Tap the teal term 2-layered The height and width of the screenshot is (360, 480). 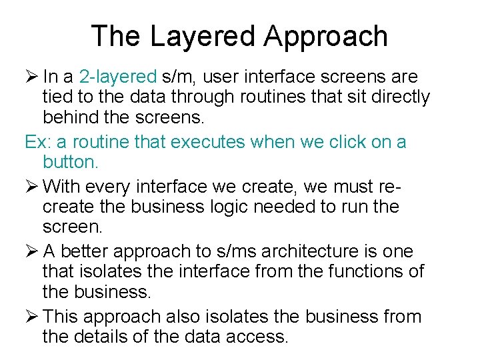pos(117,77)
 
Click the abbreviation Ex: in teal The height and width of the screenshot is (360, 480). pos(37,142)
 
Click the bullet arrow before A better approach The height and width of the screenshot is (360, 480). pos(31,251)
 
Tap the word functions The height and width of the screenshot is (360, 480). pos(365,271)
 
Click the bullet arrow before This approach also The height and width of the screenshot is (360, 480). pos(31,316)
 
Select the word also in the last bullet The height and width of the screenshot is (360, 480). pos(186,316)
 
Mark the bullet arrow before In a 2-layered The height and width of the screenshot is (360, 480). pos(31,77)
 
